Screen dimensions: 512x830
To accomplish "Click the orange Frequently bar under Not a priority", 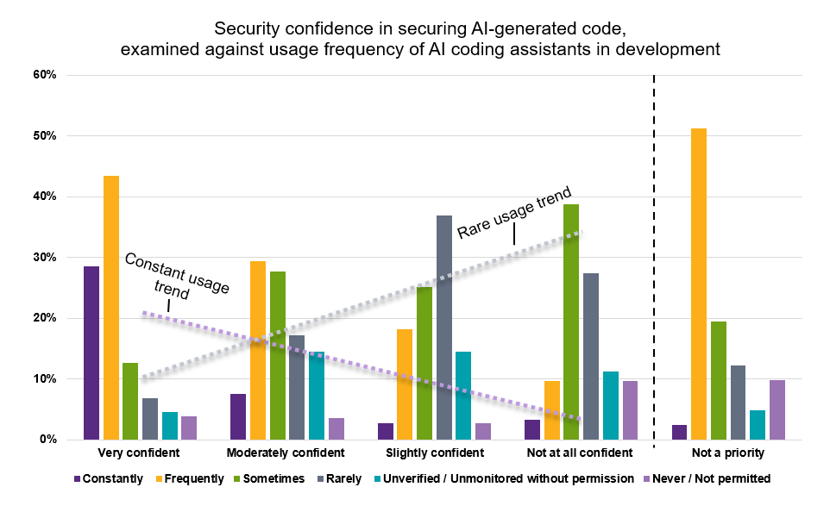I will (x=699, y=284).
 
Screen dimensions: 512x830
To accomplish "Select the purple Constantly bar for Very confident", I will (x=91, y=353).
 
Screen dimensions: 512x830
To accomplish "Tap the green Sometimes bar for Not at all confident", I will (x=571, y=322).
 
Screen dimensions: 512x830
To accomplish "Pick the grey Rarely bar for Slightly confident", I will (x=443, y=328).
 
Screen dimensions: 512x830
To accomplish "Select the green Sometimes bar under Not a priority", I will (x=718, y=380).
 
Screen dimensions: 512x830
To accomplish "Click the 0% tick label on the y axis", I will (x=48, y=440).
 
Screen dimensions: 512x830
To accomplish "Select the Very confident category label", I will (x=140, y=453).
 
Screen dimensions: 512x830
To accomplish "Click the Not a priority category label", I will (x=727, y=453).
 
